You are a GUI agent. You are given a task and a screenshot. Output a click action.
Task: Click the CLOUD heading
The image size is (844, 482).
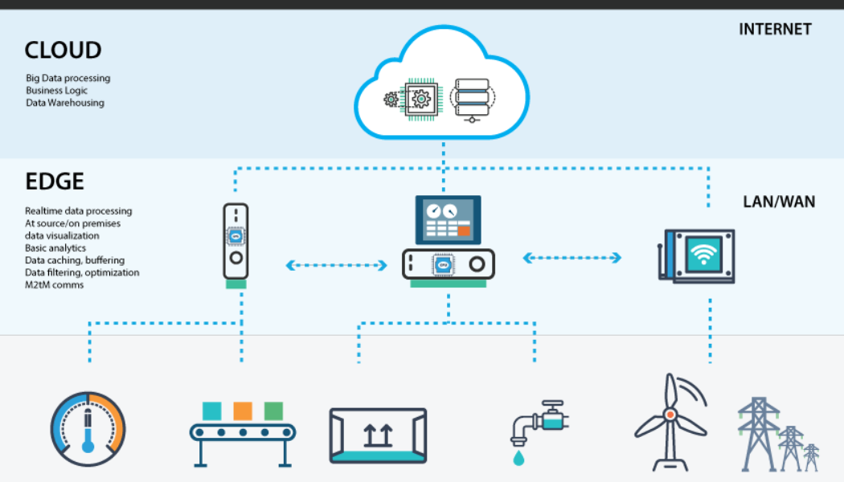63,51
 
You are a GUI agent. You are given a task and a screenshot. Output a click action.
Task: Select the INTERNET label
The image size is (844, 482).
775,30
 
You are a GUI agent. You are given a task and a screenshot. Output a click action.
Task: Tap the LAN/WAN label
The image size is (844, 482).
778,202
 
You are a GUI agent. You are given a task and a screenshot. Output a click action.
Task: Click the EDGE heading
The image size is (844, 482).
55,182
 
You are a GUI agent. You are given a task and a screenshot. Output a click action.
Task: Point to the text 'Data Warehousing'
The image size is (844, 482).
64,103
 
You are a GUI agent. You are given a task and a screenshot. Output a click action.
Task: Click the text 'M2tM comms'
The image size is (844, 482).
54,285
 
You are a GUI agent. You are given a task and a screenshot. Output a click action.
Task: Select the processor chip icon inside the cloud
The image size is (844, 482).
420,100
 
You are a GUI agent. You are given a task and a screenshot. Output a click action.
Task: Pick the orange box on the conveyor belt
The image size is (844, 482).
243,411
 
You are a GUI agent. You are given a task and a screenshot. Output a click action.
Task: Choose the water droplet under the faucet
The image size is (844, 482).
519,455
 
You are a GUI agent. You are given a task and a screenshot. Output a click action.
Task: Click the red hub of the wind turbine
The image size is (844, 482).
669,415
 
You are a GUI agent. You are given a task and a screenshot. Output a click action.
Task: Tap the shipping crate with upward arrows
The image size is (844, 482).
378,435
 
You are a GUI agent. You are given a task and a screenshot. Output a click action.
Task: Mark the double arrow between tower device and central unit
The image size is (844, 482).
337,264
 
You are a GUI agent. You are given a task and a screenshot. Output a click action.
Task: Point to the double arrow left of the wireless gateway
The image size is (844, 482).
572,258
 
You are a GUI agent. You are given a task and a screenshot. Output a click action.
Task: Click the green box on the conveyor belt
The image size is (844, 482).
273,411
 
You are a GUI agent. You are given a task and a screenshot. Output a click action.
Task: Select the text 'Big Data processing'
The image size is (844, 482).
68,79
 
